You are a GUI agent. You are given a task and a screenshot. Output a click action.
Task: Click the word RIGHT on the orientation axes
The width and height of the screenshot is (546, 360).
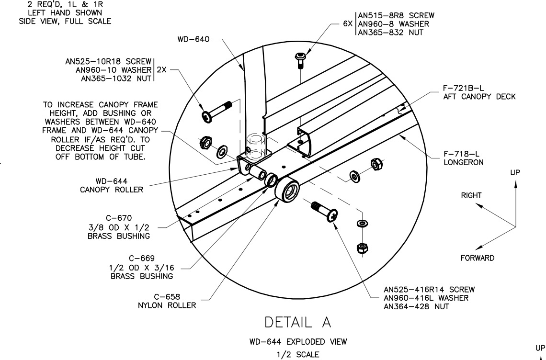point(471,195)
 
